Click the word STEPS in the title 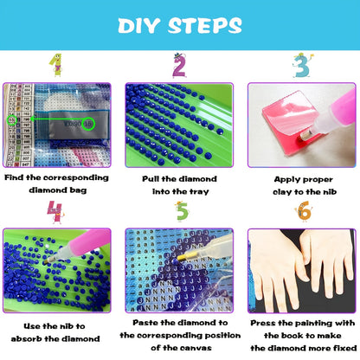[x=205, y=25]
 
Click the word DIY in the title [x=138, y=25]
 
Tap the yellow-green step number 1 [x=56, y=65]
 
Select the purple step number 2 [x=179, y=66]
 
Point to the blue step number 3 [x=302, y=66]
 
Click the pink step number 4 [x=55, y=212]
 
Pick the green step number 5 [x=182, y=211]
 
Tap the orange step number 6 [x=304, y=211]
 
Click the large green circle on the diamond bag [x=89, y=124]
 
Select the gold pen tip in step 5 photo [x=183, y=257]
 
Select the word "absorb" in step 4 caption [x=26, y=338]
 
